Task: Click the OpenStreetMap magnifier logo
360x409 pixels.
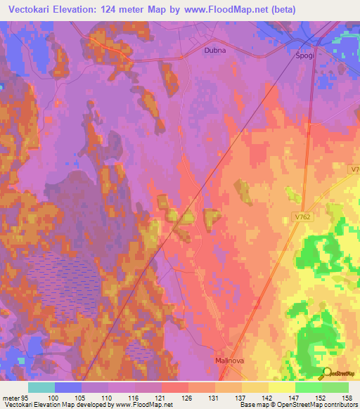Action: pyautogui.click(x=326, y=373)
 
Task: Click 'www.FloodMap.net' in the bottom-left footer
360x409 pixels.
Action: pyautogui.click(x=143, y=405)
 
